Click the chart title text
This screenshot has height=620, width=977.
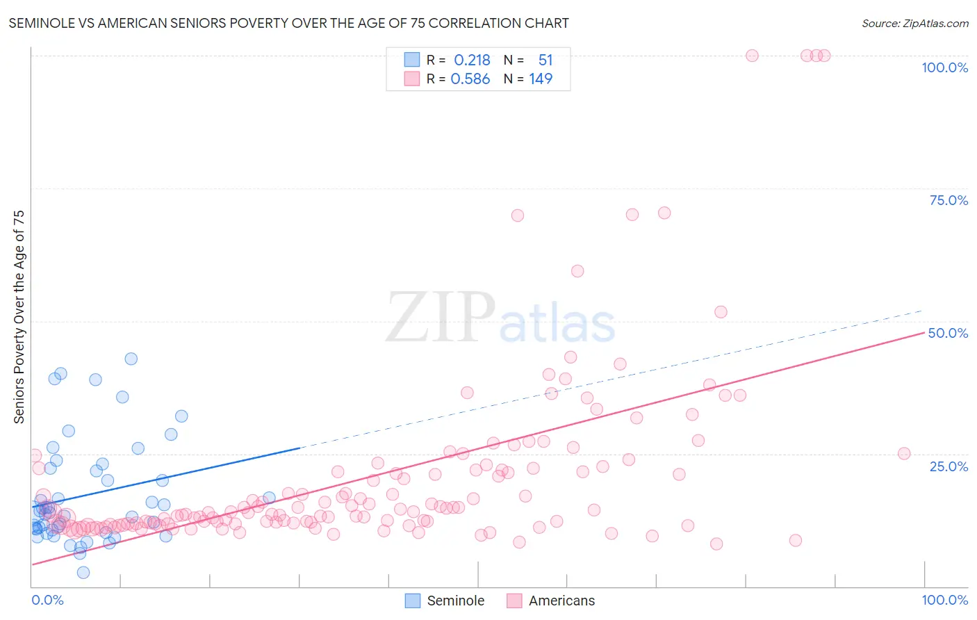[x=288, y=24]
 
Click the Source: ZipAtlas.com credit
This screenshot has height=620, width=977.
[x=914, y=24]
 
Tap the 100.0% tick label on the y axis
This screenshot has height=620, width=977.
[x=944, y=67]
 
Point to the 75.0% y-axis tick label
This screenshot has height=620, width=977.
[x=949, y=200]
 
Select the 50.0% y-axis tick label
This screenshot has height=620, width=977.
[x=948, y=333]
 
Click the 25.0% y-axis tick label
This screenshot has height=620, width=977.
[x=949, y=466]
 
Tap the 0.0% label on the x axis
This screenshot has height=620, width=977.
[x=47, y=600]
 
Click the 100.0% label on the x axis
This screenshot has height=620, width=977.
[x=944, y=600]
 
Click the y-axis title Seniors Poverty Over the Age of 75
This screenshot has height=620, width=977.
[x=19, y=317]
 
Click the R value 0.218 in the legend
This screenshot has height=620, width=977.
[x=472, y=60]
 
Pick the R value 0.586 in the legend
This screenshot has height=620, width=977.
[x=470, y=79]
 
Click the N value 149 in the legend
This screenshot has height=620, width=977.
[x=541, y=79]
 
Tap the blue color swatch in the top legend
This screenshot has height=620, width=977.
[x=412, y=60]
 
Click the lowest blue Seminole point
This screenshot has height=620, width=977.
[x=83, y=573]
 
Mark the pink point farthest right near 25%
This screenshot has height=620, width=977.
[x=904, y=454]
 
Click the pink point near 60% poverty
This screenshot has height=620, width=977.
[x=577, y=271]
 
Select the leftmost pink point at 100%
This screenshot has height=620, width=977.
[x=752, y=56]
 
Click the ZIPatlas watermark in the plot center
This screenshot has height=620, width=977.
[x=500, y=318]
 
